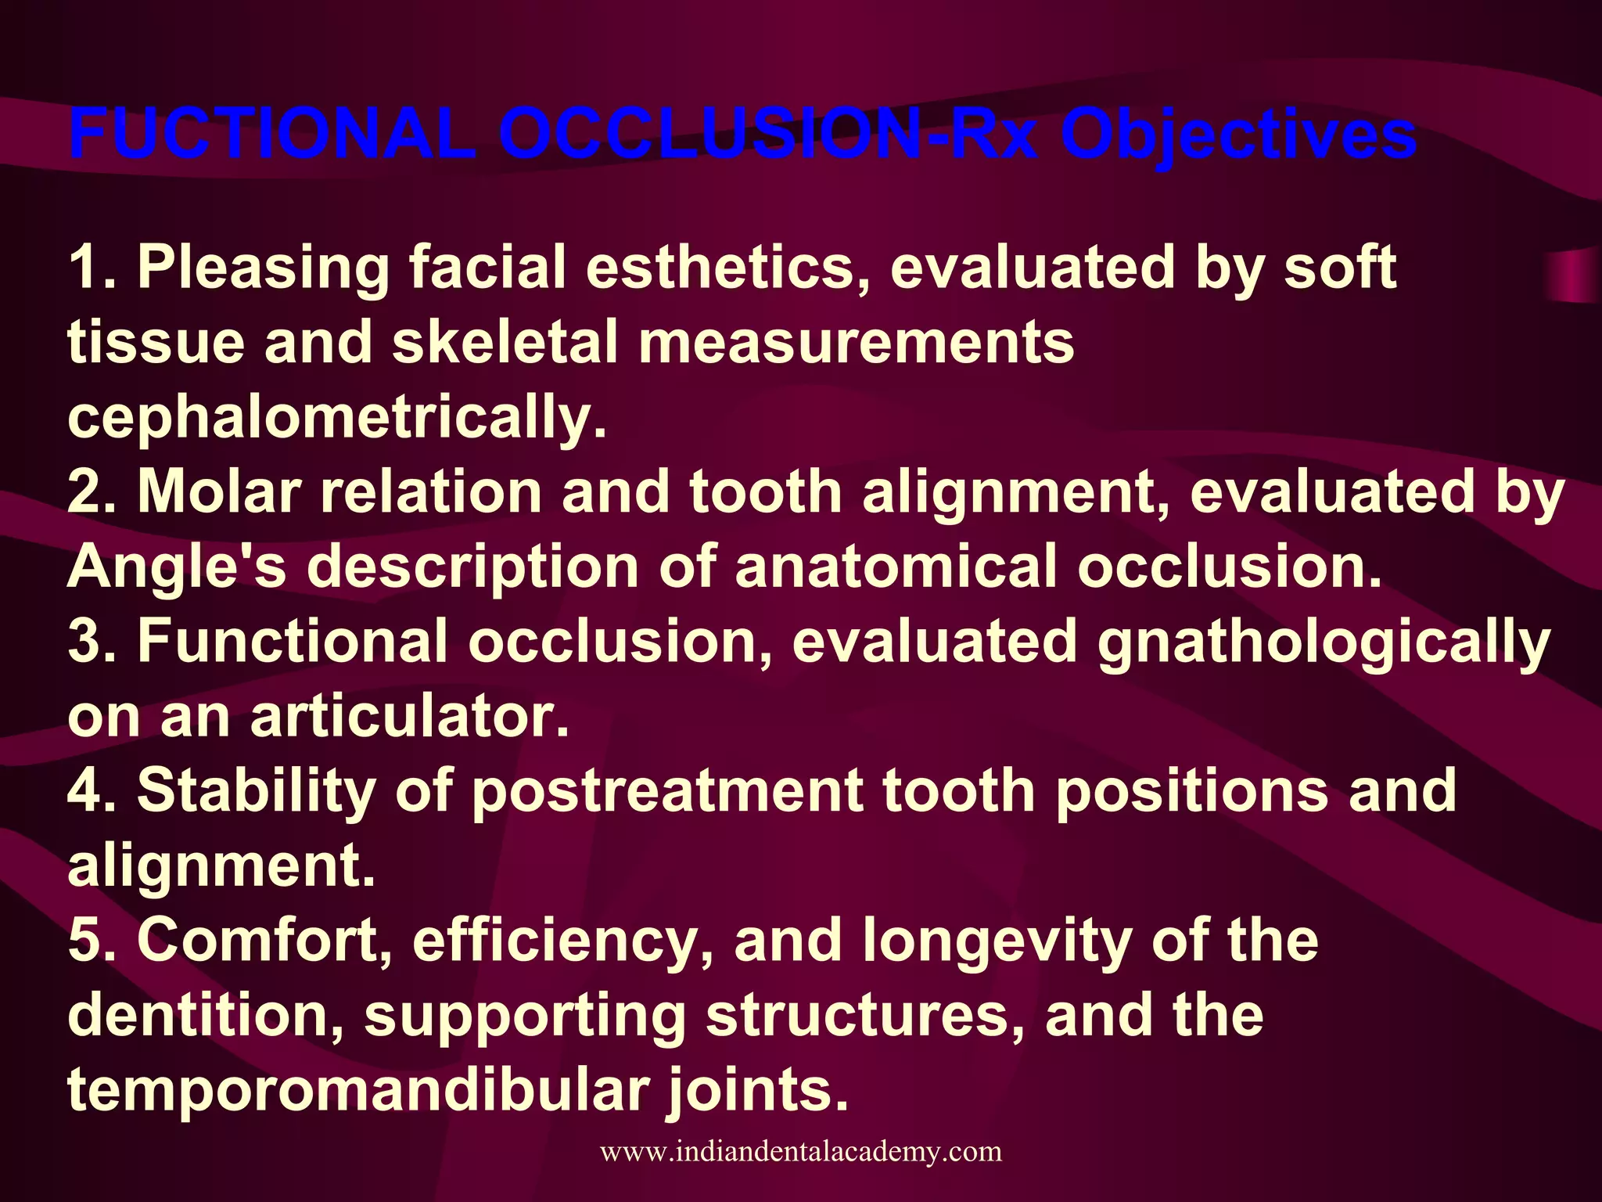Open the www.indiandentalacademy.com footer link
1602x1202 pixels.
pos(801,1152)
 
